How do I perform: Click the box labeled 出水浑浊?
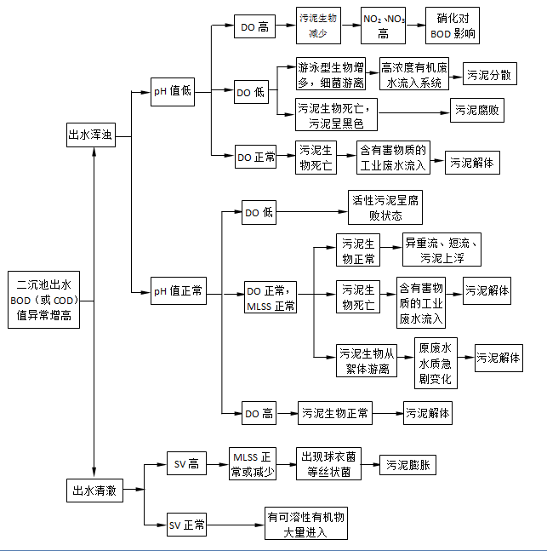91,135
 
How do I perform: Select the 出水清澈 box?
91,490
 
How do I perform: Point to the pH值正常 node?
178,291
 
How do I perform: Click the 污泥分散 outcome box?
489,75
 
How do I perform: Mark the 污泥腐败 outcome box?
477,110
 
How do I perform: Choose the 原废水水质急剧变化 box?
436,362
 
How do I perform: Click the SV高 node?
185,464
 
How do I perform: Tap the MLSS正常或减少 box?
253,465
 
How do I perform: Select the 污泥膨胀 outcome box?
407,465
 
